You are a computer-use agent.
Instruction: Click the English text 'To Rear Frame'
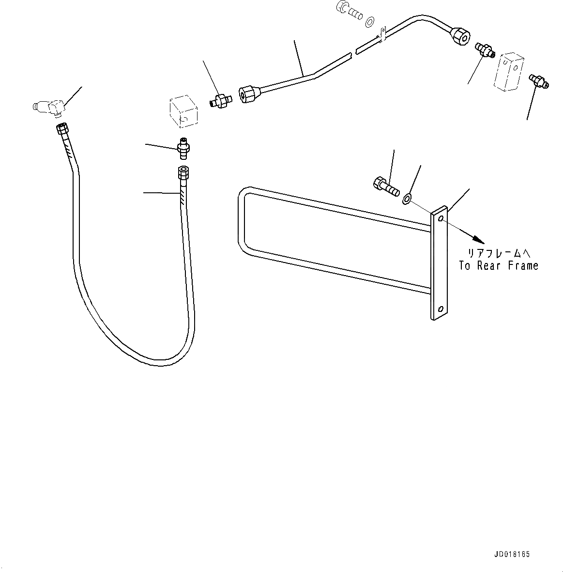498,266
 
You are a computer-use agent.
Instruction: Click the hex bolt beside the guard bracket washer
385,186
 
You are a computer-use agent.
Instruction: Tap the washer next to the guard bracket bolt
407,197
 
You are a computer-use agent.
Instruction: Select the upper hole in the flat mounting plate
440,219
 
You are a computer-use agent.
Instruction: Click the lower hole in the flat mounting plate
440,308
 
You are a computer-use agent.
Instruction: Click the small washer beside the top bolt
370,21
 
